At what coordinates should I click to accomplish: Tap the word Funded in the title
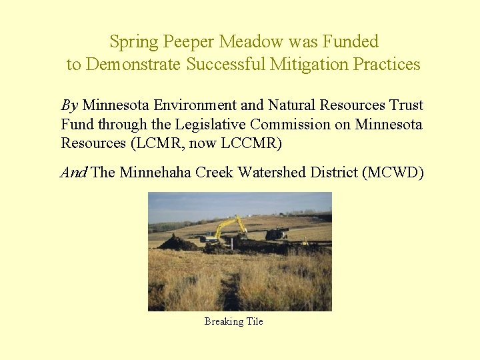[351, 42]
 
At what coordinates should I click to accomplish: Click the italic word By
[69, 105]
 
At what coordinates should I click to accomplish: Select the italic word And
[73, 173]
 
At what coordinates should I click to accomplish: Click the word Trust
[405, 105]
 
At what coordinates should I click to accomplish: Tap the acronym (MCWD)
[392, 173]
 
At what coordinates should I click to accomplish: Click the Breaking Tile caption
[233, 321]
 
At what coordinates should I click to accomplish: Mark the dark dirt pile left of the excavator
[177, 243]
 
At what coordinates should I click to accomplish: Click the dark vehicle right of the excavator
[276, 233]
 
